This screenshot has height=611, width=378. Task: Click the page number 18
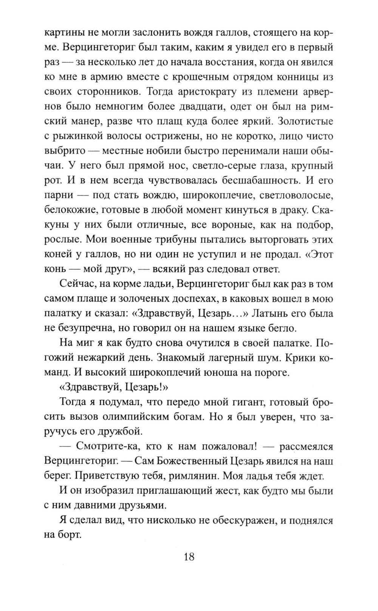[189, 557]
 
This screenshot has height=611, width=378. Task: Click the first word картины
[64, 33]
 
